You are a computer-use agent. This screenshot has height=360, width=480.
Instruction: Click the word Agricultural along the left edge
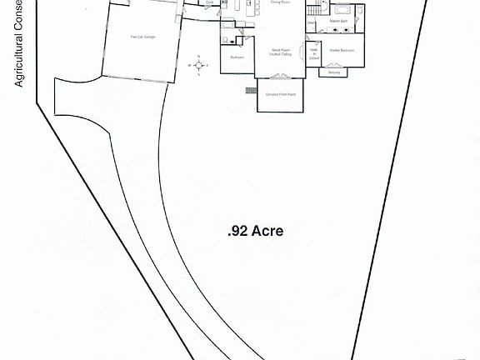[x=16, y=62]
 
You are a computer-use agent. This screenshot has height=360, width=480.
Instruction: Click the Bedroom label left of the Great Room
[x=237, y=57]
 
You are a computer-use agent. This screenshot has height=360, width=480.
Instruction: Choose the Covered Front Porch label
[x=281, y=94]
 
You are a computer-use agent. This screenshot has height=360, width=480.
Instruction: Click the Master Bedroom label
[x=342, y=51]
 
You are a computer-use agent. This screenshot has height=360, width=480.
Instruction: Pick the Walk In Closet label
[x=314, y=54]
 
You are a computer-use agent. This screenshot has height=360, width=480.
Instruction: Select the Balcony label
[x=334, y=72]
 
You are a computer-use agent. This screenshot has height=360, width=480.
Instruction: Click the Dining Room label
[x=280, y=3]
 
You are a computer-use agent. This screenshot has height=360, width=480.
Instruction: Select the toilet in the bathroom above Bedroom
[x=226, y=38]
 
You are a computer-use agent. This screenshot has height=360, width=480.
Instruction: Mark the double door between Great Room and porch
[x=281, y=77]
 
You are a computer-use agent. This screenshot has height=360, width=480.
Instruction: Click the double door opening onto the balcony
[x=334, y=66]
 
